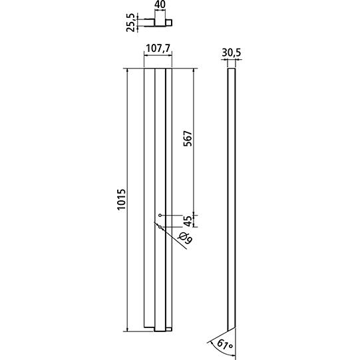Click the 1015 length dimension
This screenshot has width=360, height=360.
tap(121, 199)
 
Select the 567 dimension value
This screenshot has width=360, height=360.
tap(188, 138)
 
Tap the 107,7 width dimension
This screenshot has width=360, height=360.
tap(158, 49)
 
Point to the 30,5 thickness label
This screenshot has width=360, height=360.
tap(232, 53)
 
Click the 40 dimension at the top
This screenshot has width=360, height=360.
tap(160, 5)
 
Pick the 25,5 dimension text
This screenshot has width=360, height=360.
tap(130, 22)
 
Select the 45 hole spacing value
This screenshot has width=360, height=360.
tap(188, 221)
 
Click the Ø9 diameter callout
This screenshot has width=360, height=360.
tap(185, 238)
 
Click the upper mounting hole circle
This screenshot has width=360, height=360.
tap(160, 216)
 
